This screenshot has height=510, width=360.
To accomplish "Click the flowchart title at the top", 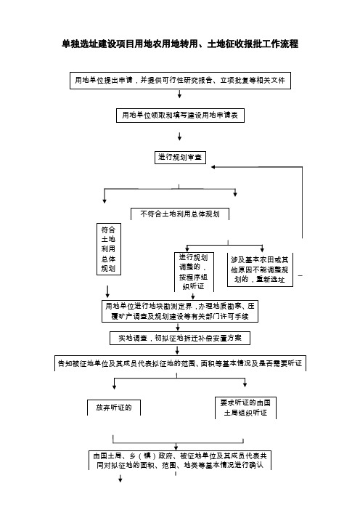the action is (180, 44).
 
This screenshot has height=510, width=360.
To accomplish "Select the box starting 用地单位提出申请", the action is (180, 81).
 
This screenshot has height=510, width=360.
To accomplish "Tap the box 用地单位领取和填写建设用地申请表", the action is (180, 115).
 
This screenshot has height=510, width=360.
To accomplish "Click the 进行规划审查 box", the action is (180, 158).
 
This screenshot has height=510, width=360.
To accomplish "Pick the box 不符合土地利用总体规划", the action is (180, 214).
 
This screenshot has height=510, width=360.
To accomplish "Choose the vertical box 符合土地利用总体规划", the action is (109, 249).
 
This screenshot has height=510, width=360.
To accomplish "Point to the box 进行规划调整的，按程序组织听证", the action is (194, 272).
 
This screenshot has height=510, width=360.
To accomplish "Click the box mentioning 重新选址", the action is (260, 270).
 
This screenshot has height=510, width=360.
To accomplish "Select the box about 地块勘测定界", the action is (180, 311).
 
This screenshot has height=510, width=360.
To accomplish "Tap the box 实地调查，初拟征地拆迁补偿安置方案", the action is (180, 339).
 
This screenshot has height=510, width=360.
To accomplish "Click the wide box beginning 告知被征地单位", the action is (180, 363).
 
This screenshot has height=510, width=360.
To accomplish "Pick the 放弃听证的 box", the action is (114, 408).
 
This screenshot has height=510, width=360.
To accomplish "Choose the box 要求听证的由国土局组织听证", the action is (245, 408).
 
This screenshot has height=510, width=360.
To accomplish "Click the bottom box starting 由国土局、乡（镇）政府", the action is (180, 461).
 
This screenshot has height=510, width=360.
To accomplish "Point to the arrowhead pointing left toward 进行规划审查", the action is (213, 167).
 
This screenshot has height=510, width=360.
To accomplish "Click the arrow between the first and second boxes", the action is (179, 94).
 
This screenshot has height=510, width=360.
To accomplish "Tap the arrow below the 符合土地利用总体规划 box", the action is (107, 291).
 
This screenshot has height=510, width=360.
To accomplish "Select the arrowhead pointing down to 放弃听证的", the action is (115, 386).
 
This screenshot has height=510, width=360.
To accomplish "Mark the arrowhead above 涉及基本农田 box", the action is (262, 249).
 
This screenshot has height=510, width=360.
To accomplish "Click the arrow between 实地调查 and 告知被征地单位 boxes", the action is (177, 350).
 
